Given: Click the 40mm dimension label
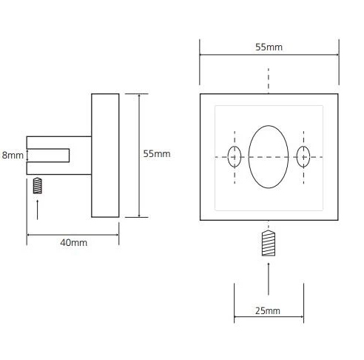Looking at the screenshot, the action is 74,243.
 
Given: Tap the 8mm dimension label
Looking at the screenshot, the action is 13,156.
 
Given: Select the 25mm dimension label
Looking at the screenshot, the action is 268,311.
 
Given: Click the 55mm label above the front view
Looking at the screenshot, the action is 269,47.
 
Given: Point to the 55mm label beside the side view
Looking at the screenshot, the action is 157,154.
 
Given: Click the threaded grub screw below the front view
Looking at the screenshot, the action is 269,243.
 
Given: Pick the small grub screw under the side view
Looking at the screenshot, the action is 38,186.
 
